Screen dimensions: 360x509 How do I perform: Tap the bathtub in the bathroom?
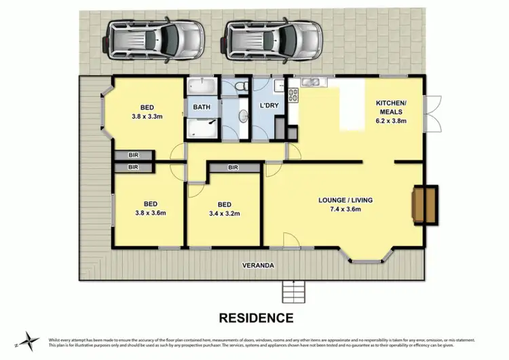[x=202, y=88]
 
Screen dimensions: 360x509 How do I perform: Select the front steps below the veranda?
[x=294, y=291]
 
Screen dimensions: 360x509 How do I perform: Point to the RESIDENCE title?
[x=256, y=317]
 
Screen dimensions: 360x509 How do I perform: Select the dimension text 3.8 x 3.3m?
[x=147, y=116]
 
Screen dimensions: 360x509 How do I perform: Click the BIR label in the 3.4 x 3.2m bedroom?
[x=233, y=167]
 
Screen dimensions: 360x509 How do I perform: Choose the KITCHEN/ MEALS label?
[x=391, y=109]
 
